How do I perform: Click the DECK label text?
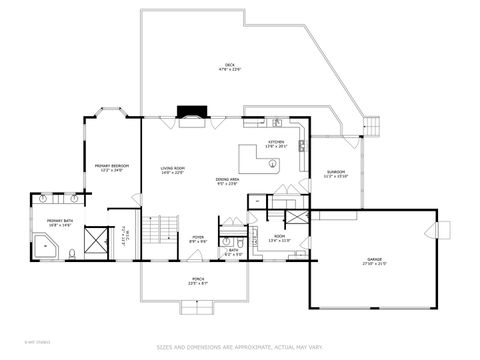(x=229, y=67)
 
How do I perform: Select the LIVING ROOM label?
(x=174, y=169)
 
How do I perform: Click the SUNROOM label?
(x=336, y=174)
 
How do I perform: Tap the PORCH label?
(x=198, y=281)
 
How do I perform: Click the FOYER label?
(x=198, y=239)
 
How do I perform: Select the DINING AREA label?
(x=226, y=181)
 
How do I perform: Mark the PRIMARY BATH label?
(x=58, y=223)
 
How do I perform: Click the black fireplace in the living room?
(x=190, y=114)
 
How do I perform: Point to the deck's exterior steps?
(x=374, y=127)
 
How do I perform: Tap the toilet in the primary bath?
(x=75, y=254)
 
